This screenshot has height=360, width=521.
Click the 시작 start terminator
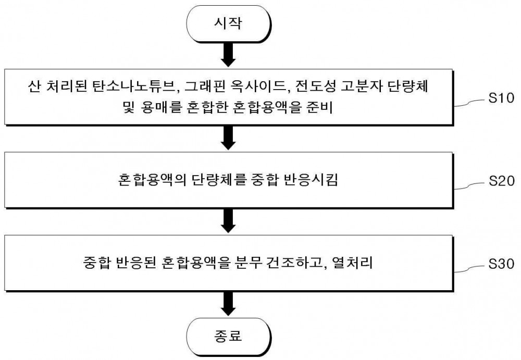(229, 23)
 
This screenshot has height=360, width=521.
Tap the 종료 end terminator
(229, 336)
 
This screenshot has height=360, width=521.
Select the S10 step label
(501, 98)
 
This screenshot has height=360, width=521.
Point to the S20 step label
(501, 181)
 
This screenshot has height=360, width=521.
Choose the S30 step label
(501, 264)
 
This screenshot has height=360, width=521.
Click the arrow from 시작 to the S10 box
(228, 55)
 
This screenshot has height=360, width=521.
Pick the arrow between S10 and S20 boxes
(228, 138)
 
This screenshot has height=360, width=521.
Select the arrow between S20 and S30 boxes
(228, 221)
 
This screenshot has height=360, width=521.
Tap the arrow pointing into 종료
(228, 304)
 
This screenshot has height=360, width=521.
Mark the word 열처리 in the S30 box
(352, 263)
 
